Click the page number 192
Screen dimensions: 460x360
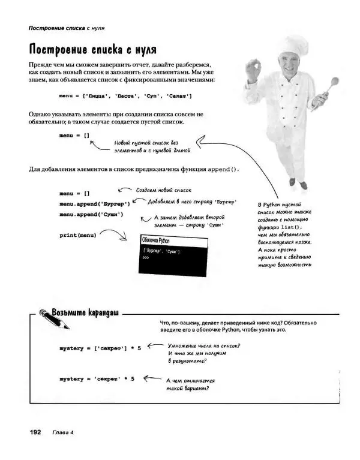tap(31, 432)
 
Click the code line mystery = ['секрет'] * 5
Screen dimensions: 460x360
tap(100, 348)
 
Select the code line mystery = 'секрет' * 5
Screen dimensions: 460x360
tap(97, 379)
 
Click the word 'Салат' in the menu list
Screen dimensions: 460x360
tap(178, 96)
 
